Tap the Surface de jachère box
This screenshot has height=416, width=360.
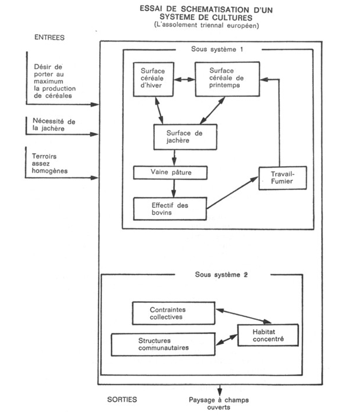click(181, 137)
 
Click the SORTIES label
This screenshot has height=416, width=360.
click(122, 398)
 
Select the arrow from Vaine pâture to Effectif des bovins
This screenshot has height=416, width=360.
click(174, 188)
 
